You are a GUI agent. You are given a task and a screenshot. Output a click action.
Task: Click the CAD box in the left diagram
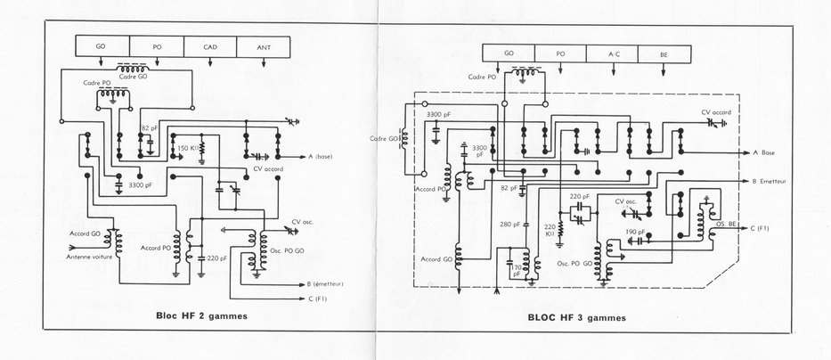(x=211, y=46)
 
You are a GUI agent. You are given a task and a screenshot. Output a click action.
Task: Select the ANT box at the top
(x=265, y=46)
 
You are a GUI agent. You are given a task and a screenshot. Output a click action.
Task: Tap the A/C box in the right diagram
(x=613, y=53)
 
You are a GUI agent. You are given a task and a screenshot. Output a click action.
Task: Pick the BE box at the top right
(x=664, y=53)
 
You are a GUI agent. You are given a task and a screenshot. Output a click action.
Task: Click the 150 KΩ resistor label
(x=189, y=148)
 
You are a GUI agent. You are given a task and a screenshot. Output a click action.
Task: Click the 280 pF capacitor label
(x=509, y=225)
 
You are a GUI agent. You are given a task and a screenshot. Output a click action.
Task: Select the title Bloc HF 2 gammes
(x=200, y=315)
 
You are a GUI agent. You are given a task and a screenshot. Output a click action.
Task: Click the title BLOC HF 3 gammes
(x=576, y=317)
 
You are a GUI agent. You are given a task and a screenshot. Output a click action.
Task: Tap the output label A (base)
(x=321, y=157)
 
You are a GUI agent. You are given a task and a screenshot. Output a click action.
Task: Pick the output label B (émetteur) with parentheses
(x=327, y=284)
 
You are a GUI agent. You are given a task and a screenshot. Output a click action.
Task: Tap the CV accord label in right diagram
(x=717, y=112)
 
